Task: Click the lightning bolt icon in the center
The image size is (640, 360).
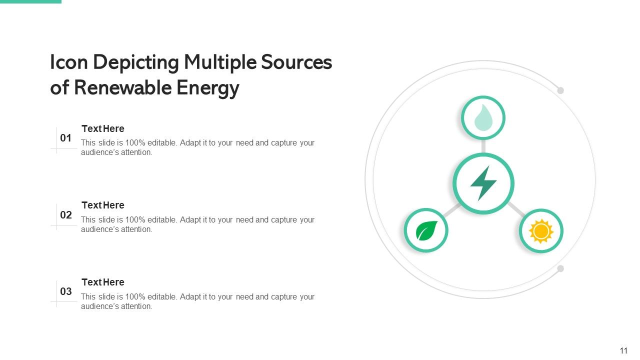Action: [x=483, y=183]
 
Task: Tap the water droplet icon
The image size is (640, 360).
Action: [x=483, y=118]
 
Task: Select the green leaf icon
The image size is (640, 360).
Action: [x=426, y=231]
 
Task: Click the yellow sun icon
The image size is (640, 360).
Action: [x=541, y=231]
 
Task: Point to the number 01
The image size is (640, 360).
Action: [x=66, y=138]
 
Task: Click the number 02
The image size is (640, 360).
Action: [x=66, y=215]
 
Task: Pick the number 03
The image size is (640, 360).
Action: [x=66, y=291]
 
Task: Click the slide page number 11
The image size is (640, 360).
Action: [x=623, y=350]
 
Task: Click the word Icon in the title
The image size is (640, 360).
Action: [x=69, y=62]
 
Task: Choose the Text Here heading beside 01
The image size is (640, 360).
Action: [x=102, y=128]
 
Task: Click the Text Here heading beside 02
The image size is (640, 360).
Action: [x=102, y=205]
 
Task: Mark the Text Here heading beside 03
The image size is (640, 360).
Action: [x=102, y=282]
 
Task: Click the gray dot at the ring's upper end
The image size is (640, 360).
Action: [x=560, y=90]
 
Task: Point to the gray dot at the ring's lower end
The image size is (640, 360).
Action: [x=560, y=268]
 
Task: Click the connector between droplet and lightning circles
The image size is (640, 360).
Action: [x=483, y=146]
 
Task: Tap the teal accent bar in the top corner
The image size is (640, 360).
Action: [x=30, y=1]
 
